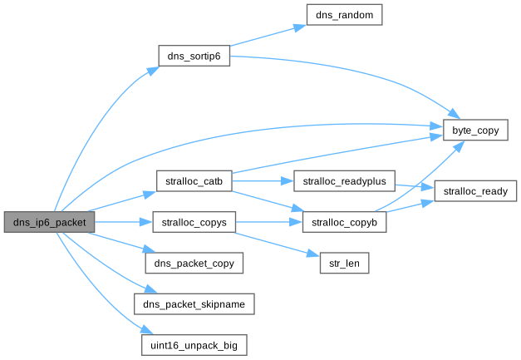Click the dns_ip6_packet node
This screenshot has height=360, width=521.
pos(48,222)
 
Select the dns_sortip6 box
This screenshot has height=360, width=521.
pos(193,57)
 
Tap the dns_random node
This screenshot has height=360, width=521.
pos(343,16)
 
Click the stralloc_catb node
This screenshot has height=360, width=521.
pos(193,180)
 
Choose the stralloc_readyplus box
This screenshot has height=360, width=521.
pos(344,180)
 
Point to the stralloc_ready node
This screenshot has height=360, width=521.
pos(476,191)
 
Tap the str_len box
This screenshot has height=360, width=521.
pos(344,264)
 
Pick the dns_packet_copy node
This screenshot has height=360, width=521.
pos(194,264)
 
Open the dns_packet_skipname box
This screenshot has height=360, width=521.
pos(194,304)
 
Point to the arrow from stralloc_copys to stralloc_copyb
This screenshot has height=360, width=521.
pos(263,222)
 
